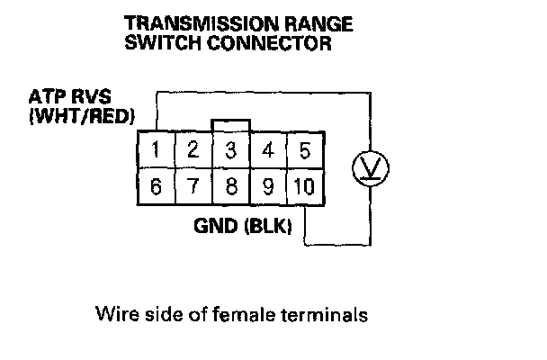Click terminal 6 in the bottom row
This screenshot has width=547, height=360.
(x=157, y=188)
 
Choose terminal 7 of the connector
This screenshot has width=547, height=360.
(x=193, y=188)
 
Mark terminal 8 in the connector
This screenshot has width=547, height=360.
(x=230, y=188)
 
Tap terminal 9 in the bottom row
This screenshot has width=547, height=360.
(x=267, y=188)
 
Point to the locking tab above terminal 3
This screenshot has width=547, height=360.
(x=230, y=123)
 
